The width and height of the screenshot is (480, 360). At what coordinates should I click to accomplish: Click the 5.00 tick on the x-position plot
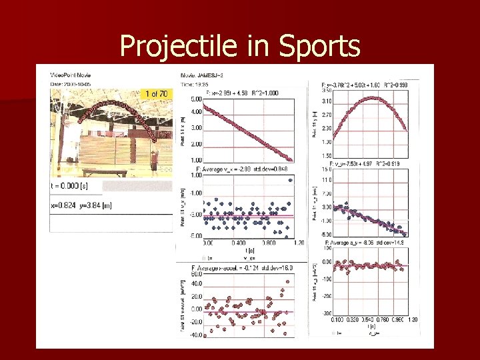point(196,98)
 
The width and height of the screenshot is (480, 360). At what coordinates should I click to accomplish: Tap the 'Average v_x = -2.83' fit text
point(220,170)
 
